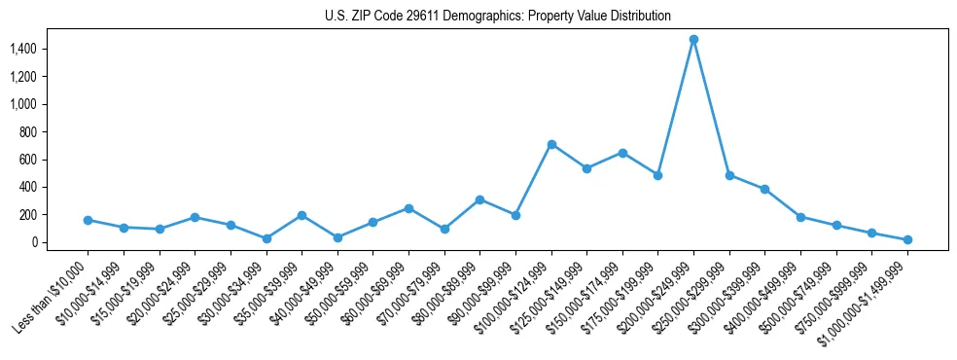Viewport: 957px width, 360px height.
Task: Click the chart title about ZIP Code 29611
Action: pos(498,16)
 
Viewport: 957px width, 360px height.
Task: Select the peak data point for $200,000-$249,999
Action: pos(693,40)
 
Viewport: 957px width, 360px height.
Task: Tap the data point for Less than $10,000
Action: pos(88,220)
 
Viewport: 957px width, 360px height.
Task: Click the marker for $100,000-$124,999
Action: pos(551,144)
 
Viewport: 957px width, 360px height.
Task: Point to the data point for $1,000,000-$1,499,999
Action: pos(907,239)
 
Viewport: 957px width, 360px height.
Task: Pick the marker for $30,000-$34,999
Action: pos(266,238)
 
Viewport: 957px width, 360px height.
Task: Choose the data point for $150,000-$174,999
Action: pos(622,153)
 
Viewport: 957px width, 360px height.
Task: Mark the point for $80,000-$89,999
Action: pos(479,199)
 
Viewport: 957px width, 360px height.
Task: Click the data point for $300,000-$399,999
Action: pos(764,189)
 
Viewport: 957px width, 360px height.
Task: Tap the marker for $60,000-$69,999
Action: pos(408,208)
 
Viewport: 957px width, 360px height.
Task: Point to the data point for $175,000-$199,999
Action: pos(657,175)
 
